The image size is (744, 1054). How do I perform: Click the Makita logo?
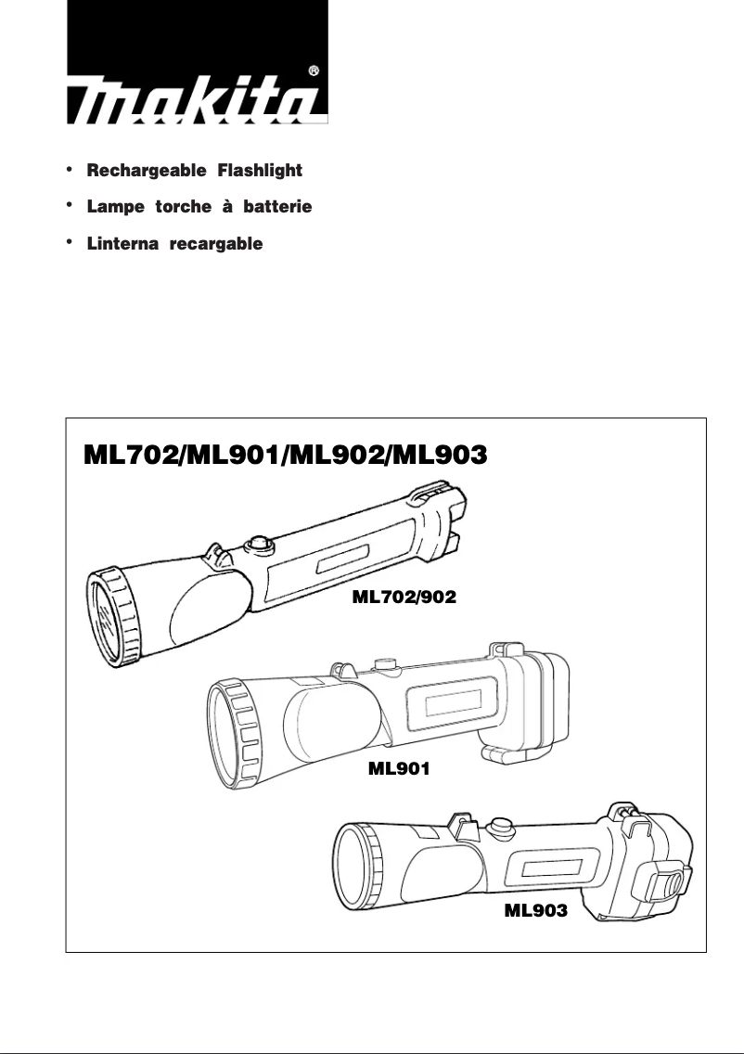tap(198, 62)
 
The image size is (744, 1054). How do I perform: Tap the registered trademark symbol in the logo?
tap(314, 71)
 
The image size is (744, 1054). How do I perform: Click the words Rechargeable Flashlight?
tap(194, 172)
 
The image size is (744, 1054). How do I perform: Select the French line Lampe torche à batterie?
tap(199, 208)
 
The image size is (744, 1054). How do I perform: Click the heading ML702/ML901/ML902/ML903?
tap(286, 455)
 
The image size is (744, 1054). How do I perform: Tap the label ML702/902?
tap(404, 598)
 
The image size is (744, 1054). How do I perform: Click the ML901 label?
tap(399, 768)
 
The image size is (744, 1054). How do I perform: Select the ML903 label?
tap(535, 911)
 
